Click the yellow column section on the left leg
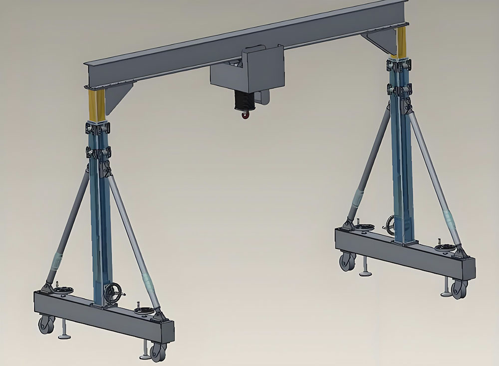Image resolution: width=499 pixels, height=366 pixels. click(x=97, y=106)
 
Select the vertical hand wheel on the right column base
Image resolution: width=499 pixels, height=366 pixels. click(x=391, y=223)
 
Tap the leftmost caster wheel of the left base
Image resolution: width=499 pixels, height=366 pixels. click(x=46, y=325)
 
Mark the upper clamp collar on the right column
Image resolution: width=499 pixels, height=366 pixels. click(x=401, y=65)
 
